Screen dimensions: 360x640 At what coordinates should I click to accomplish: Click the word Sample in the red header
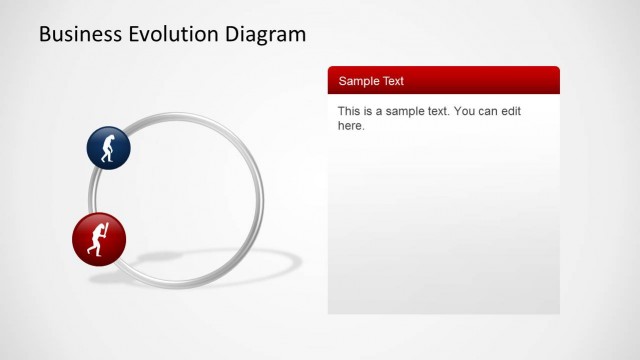point(359,81)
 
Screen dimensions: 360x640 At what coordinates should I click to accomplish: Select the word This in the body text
point(349,111)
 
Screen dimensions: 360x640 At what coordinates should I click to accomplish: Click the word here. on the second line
point(351,126)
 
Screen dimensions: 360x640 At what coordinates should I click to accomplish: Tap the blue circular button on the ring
point(108,148)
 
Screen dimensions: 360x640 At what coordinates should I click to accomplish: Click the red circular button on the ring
point(99,239)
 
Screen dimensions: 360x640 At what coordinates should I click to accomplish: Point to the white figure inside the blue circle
point(109,148)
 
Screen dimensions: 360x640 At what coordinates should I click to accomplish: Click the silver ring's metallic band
point(261,200)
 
